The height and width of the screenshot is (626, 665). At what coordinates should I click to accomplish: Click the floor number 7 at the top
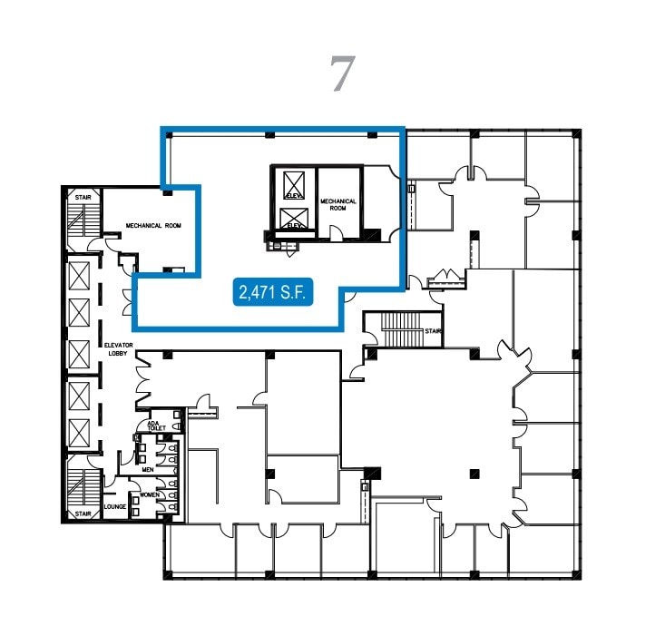click(x=340, y=74)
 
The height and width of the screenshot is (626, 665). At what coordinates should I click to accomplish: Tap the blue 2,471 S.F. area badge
click(x=273, y=292)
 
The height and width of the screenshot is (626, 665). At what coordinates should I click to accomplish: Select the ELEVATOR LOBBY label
click(x=118, y=349)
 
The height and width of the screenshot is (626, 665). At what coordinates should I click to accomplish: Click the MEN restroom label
click(x=148, y=470)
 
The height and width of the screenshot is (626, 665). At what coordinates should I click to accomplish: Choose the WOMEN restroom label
click(x=149, y=494)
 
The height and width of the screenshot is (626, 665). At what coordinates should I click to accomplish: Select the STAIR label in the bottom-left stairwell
click(x=83, y=514)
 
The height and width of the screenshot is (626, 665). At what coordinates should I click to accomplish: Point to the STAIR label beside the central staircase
click(x=432, y=331)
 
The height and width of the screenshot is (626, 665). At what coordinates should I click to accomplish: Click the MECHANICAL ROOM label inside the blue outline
click(x=337, y=204)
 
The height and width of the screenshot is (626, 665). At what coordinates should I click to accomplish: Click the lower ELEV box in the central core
click(x=293, y=220)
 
